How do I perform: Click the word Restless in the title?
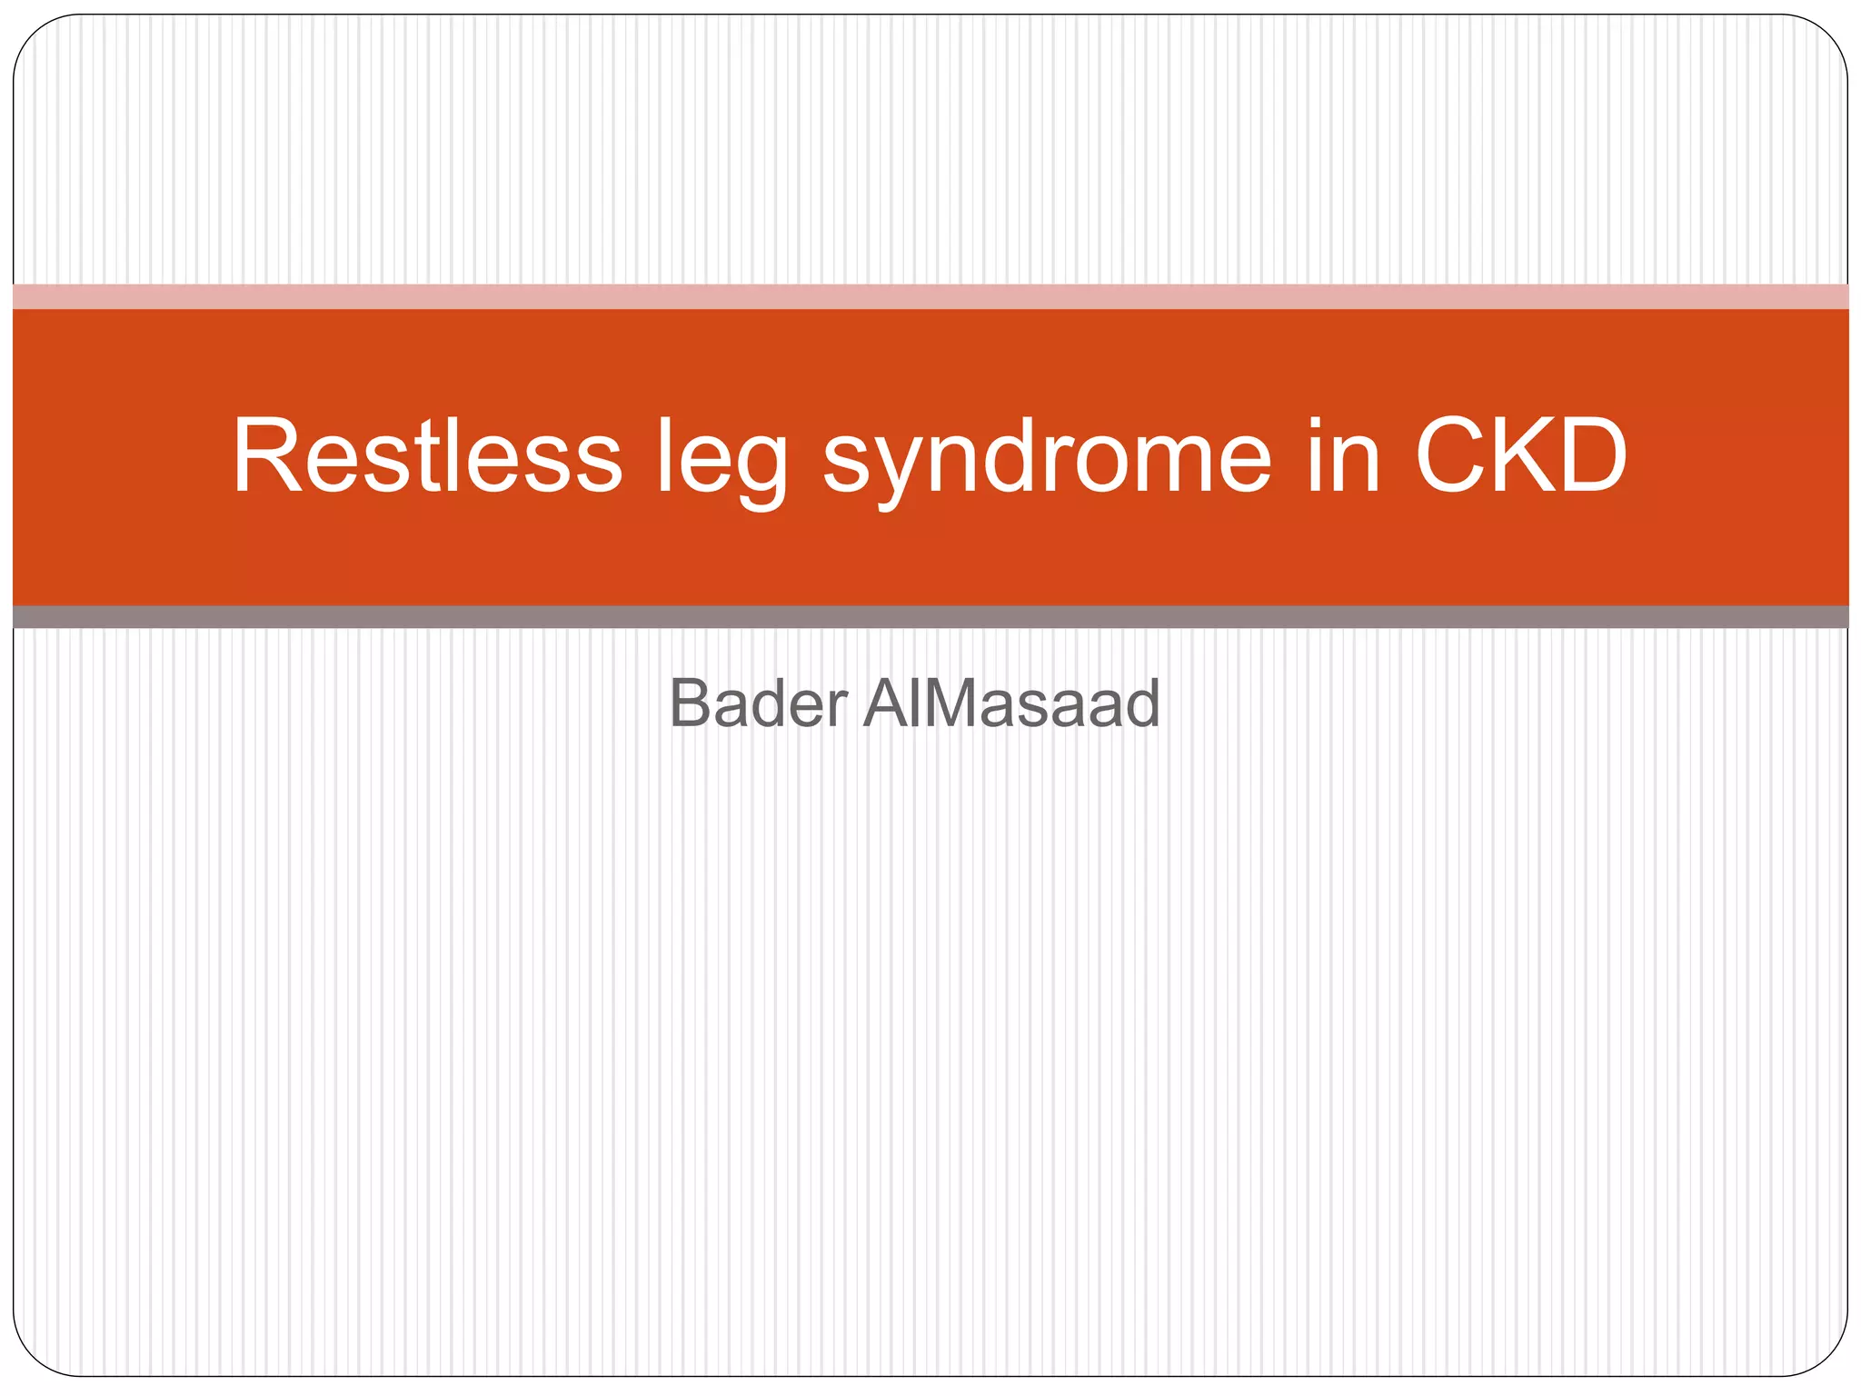[427, 456]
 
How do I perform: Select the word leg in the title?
[722, 459]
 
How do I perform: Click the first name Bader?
[758, 703]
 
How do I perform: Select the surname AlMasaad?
[1011, 703]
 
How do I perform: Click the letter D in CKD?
[1589, 456]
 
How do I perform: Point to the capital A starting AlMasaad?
[888, 703]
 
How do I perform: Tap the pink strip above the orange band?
[930, 296]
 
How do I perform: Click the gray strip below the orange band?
[930, 617]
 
